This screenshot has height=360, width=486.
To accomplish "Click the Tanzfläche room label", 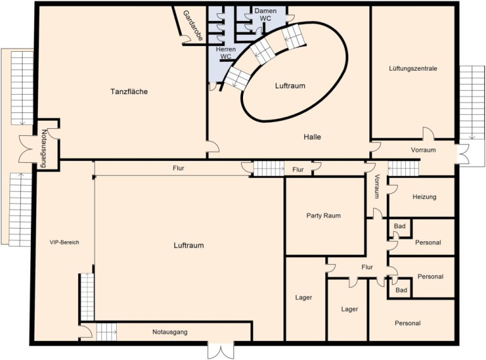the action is pyautogui.click(x=129, y=92).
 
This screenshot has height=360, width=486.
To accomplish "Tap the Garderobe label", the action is pyautogui.click(x=193, y=26).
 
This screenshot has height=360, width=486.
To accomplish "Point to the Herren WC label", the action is pyautogui.click(x=226, y=52).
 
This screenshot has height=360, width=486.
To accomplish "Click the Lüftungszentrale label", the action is pyautogui.click(x=413, y=68).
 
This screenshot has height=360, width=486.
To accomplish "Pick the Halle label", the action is pyautogui.click(x=312, y=137).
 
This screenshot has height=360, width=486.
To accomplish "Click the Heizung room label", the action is pyautogui.click(x=424, y=196).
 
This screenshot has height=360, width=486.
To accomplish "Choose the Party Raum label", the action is pyautogui.click(x=323, y=215).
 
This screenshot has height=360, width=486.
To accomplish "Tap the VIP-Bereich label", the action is pyautogui.click(x=64, y=243).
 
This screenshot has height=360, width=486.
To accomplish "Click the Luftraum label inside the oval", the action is pyautogui.click(x=290, y=86).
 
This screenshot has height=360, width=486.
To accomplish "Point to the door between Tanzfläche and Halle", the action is pyautogui.click(x=213, y=147).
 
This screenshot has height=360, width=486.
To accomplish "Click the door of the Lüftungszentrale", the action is pyautogui.click(x=428, y=133).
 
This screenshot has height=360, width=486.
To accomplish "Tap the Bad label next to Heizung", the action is pyautogui.click(x=400, y=226).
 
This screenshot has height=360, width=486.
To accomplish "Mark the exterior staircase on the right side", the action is pyautogui.click(x=471, y=103).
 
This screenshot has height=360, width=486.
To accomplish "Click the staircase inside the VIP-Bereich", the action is pyautogui.click(x=87, y=297).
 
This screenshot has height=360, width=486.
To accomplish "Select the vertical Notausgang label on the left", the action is pyautogui.click(x=43, y=148).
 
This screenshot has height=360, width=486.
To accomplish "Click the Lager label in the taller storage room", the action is pyautogui.click(x=304, y=297).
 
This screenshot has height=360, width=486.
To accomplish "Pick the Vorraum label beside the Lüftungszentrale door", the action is pyautogui.click(x=424, y=150).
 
